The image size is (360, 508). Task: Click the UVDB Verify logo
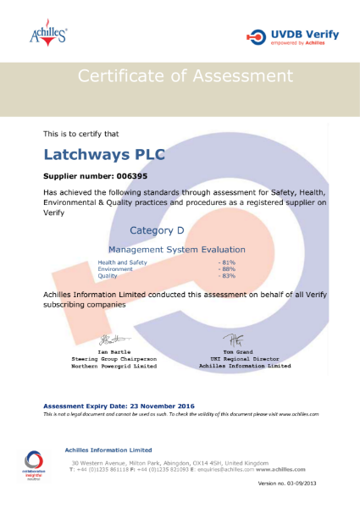(x=292, y=36)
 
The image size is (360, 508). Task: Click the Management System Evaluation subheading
(x=177, y=250)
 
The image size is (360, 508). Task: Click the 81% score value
(x=226, y=262)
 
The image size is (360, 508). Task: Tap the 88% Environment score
(x=226, y=269)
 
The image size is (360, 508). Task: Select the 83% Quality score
(x=226, y=276)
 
